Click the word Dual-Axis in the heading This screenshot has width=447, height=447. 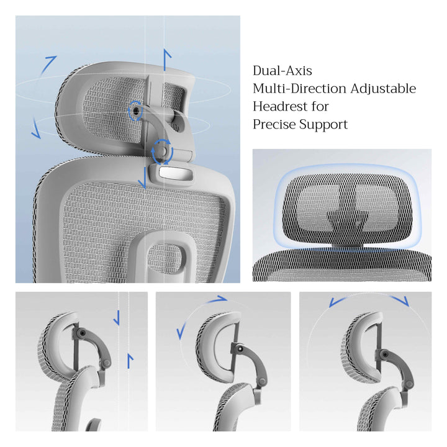[282, 71]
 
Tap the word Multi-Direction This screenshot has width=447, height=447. [300, 89]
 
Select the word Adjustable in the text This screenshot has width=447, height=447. [383, 89]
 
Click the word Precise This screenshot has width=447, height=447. [274, 124]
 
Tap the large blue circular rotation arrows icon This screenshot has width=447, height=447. [162, 151]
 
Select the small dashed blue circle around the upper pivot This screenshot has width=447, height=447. [135, 111]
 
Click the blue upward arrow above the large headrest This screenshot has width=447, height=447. [167, 60]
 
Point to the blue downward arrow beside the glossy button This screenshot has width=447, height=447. [143, 178]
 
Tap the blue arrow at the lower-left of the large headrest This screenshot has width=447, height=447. [35, 129]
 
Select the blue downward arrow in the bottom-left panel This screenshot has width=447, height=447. [117, 318]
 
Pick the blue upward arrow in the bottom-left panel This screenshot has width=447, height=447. [130, 361]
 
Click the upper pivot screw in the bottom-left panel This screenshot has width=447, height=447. [83, 333]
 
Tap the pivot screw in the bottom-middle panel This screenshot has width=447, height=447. [241, 348]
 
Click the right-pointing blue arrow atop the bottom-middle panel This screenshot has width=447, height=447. [217, 299]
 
